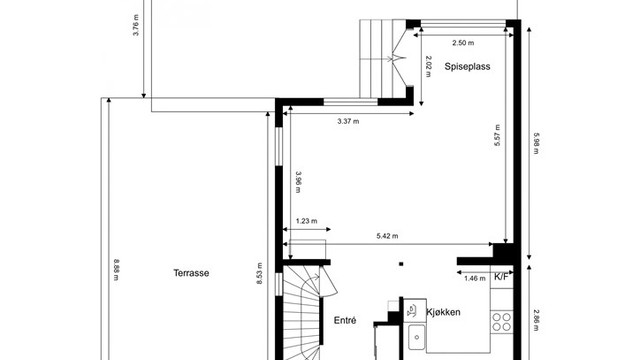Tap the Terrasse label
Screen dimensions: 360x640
click(x=190, y=272)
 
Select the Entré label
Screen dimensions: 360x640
click(x=344, y=320)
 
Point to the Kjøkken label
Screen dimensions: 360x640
click(x=443, y=313)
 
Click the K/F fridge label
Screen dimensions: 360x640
click(x=502, y=278)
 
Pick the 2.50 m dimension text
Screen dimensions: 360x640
click(x=463, y=43)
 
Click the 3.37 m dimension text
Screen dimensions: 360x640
click(x=348, y=121)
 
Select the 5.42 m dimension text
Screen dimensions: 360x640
click(x=388, y=236)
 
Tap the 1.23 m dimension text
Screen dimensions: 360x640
click(x=307, y=222)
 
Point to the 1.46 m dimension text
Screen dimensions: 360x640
click(x=474, y=278)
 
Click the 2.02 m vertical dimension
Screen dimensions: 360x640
click(x=428, y=65)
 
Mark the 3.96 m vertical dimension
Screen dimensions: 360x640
click(x=298, y=182)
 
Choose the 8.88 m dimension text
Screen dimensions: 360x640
click(x=117, y=272)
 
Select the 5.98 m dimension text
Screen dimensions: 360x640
click(x=537, y=146)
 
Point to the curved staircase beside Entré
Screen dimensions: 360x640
click(x=303, y=310)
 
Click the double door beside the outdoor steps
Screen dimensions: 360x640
click(x=401, y=59)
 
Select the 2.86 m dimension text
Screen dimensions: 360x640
click(x=537, y=318)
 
